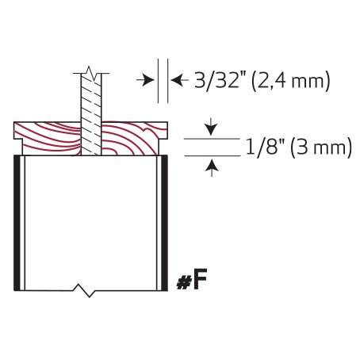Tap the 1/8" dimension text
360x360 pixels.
click(266, 147)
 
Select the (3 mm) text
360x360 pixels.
click(321, 147)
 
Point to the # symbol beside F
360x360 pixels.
click(183, 283)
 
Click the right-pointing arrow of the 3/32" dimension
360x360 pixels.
click(145, 79)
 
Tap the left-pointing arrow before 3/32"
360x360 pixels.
click(180, 79)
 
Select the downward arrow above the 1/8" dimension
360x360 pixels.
click(211, 127)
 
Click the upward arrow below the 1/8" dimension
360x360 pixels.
click(212, 169)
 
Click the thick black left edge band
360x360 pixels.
click(17, 223)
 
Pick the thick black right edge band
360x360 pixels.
click(164, 223)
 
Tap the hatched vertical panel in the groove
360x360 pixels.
click(91, 114)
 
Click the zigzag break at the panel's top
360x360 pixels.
click(91, 73)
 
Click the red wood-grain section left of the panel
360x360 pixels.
click(48, 138)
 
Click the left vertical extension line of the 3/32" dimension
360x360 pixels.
click(158, 81)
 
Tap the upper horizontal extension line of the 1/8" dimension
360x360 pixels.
click(212, 139)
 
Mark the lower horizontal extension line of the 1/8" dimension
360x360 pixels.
click(213, 156)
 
